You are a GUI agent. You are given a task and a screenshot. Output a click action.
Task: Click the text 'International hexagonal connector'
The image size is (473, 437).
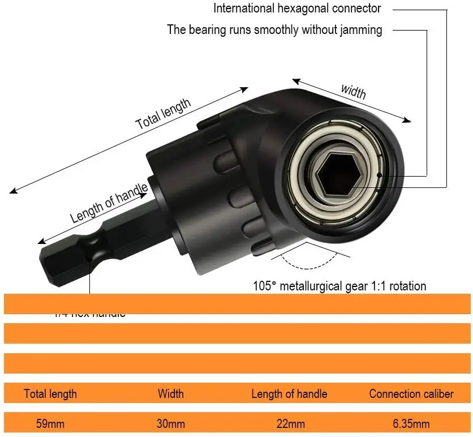pos(297,8)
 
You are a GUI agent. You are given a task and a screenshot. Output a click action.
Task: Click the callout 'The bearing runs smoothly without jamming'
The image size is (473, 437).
pos(274,29)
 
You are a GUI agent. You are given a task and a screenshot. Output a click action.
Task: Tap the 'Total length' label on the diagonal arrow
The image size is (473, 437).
pos(164,114)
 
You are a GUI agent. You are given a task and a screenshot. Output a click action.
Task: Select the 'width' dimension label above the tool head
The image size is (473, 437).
pos(353,91)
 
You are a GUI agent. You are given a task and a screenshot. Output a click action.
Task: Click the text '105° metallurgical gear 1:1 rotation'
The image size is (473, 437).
pos(339,286)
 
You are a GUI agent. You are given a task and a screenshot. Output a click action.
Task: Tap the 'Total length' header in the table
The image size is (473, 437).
pos(50,393)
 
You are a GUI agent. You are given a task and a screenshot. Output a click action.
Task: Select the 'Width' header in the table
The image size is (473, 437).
pos(170,393)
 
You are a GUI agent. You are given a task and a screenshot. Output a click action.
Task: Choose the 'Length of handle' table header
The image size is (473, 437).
pos(289,393)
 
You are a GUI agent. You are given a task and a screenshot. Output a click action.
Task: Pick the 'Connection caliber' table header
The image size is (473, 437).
pos(411,393)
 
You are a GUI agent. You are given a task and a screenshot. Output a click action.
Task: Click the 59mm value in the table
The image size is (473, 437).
pos(50,423)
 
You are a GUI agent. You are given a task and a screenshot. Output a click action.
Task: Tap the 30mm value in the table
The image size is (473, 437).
pos(170,423)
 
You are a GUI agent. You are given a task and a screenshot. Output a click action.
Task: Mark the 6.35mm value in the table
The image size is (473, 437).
pos(411,423)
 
